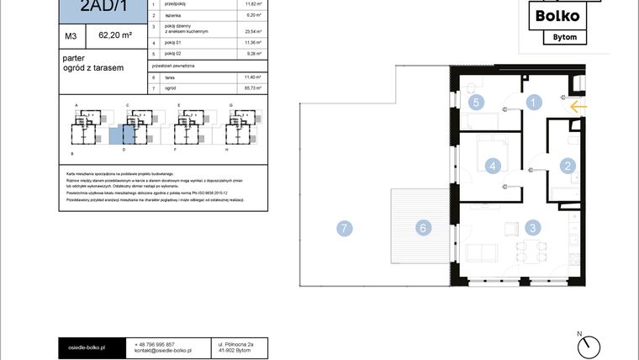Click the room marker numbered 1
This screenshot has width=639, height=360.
point(532,103)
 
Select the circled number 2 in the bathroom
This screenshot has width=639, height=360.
point(568,166)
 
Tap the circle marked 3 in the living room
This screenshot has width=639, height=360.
point(532,226)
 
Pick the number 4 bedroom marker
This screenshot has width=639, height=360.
point(494,166)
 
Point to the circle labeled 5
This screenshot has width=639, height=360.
point(476,103)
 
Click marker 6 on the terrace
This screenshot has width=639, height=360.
point(425,227)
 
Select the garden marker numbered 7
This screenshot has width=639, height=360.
point(343,227)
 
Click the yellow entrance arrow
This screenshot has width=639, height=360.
point(577,106)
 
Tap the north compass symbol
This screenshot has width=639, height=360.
point(591,345)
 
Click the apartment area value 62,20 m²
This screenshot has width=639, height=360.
point(115,36)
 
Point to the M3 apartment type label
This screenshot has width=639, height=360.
point(71,36)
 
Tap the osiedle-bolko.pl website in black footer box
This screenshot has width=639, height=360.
point(88,345)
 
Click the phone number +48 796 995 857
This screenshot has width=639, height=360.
point(155,345)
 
